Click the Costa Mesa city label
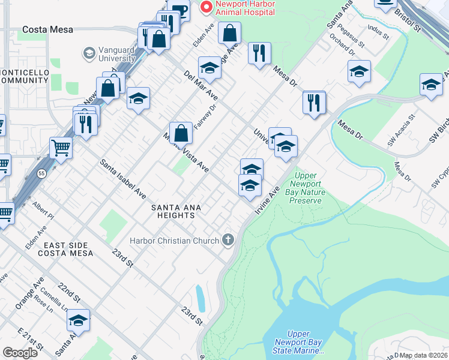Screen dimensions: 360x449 pos(47,29)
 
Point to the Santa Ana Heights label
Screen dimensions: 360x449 pos(175,212)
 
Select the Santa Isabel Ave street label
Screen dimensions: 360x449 pos(123,179)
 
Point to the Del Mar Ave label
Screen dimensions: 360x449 pos(201,85)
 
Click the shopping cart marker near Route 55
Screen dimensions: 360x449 pos(61,146)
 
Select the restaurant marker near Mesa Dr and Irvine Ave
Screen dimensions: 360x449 pos(314,102)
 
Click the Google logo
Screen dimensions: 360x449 pos(20,353)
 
